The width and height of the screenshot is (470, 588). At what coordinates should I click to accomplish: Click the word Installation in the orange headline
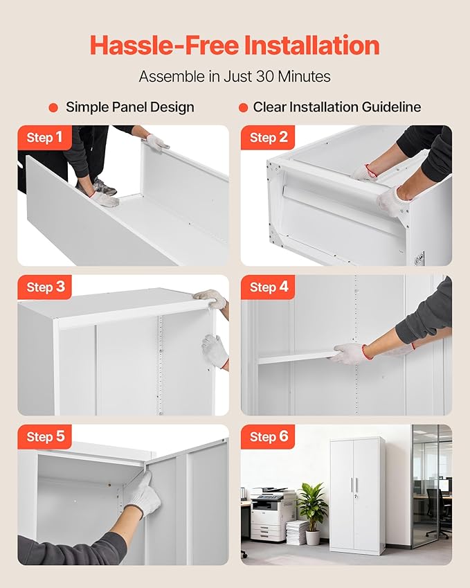[x=312, y=46]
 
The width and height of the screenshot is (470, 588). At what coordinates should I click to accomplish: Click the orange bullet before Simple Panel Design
[x=53, y=107]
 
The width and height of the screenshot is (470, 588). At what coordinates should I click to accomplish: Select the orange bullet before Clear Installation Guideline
[x=243, y=107]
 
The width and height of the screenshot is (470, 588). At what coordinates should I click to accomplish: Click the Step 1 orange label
[x=44, y=138]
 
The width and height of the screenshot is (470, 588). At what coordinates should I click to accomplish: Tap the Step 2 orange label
[x=268, y=138]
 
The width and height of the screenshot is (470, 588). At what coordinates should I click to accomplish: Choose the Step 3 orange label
[x=44, y=287]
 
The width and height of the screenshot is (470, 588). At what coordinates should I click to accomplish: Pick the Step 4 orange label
[x=268, y=287]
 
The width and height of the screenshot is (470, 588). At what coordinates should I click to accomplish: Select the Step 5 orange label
[x=44, y=437]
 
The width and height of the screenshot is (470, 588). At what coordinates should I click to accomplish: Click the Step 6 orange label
[x=268, y=437]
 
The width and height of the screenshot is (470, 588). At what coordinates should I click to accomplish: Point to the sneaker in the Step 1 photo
[x=103, y=186]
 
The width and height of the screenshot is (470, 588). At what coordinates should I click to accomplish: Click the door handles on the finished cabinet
[x=354, y=485]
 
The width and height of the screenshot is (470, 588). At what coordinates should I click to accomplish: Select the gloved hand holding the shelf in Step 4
[x=347, y=354]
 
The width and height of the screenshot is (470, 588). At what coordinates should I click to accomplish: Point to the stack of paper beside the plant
[x=296, y=533]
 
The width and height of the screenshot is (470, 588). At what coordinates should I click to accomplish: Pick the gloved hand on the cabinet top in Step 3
[x=210, y=299]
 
